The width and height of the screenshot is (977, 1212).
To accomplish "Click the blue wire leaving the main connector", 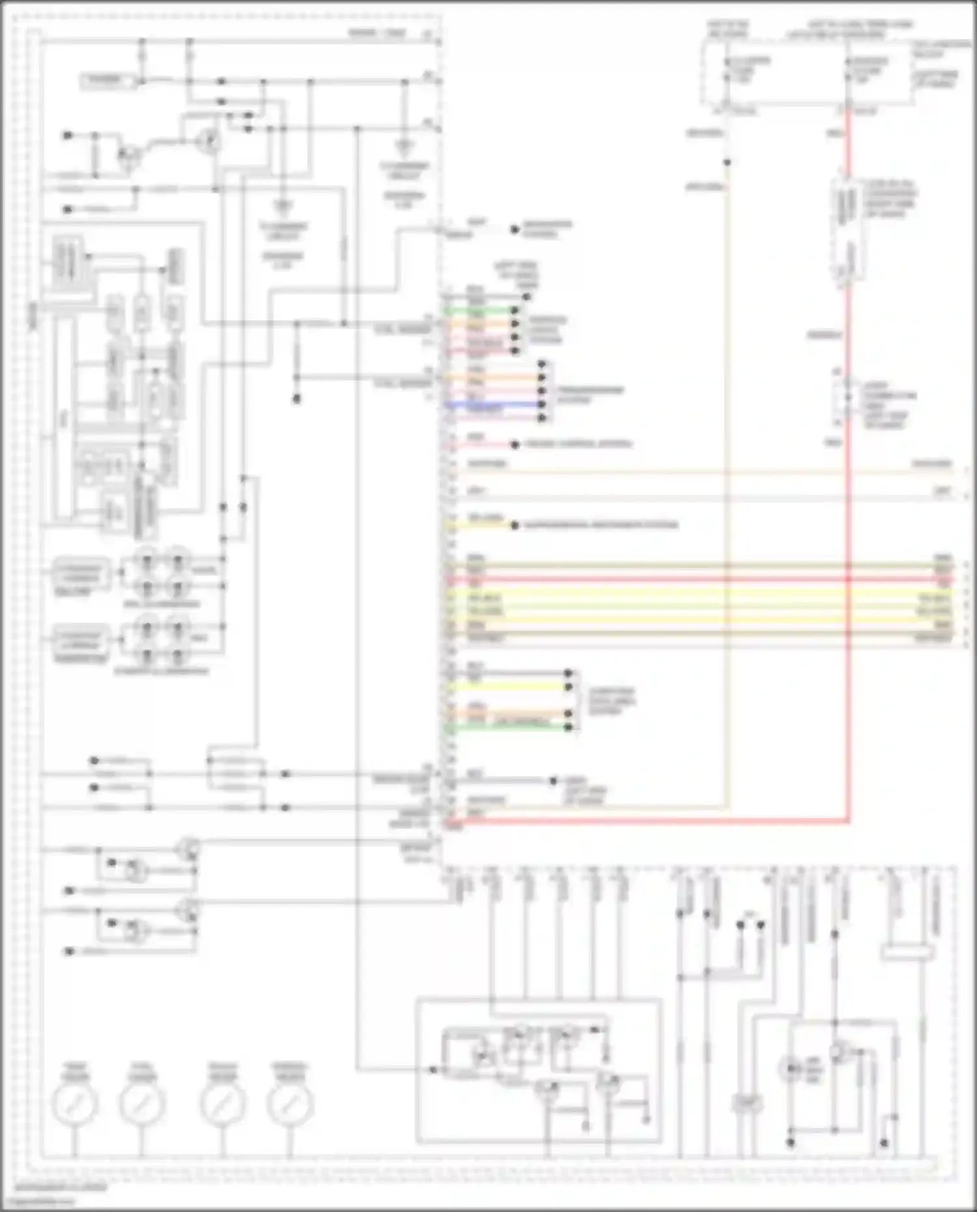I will click(495, 404).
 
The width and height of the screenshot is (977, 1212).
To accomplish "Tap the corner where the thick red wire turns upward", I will click(848, 821).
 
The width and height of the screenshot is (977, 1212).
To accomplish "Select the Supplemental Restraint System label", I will click(601, 525).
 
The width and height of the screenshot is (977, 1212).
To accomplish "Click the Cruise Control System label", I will click(578, 444).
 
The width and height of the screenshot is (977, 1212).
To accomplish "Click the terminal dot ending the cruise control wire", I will click(515, 445).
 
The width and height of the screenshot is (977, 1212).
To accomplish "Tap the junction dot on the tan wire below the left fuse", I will click(728, 162).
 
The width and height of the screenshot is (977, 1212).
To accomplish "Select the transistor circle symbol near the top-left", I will click(208, 141).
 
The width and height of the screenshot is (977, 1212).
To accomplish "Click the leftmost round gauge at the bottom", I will click(74, 1104).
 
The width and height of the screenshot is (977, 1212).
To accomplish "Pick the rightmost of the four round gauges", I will click(289, 1104).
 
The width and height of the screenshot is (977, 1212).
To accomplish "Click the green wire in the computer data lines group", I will click(508, 727).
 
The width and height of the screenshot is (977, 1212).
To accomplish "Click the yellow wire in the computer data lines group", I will click(508, 686).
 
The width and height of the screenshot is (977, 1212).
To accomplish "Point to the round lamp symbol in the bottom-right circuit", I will click(791, 1068).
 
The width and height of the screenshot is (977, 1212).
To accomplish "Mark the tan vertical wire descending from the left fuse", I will click(726, 456).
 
